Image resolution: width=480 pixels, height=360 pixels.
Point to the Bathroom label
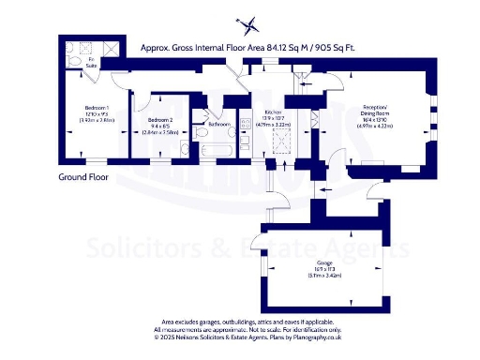(219, 124)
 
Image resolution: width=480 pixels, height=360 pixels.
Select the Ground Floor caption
(84, 176)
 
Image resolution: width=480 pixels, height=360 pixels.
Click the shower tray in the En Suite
(108, 49)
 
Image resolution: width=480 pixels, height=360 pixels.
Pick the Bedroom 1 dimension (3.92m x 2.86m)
(97, 121)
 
